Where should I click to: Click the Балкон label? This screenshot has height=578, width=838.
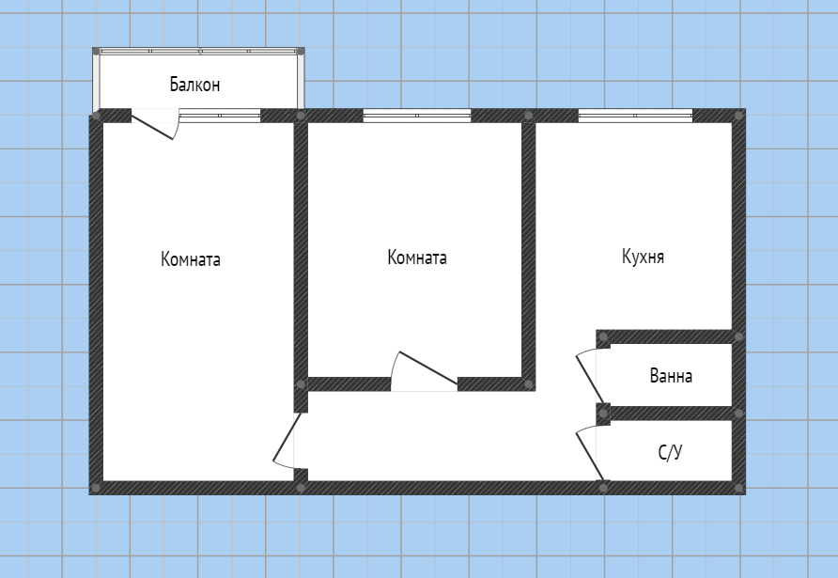(194, 85)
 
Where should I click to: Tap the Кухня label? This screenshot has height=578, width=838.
(643, 257)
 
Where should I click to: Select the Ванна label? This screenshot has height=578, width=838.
(671, 376)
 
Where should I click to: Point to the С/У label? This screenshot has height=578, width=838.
(670, 452)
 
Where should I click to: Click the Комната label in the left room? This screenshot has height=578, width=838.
(191, 259)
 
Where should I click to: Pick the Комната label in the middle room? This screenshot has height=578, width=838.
(417, 258)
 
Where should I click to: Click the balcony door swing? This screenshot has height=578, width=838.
(155, 125)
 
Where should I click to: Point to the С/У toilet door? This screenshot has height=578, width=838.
(589, 453)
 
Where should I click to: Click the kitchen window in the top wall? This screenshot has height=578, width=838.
(635, 116)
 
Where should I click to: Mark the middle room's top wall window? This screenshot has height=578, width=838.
(417, 116)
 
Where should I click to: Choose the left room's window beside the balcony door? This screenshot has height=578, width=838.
(220, 116)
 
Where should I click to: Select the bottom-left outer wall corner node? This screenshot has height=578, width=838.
(96, 488)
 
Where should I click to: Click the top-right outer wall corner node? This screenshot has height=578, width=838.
(739, 116)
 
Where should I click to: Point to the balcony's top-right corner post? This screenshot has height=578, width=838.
(301, 52)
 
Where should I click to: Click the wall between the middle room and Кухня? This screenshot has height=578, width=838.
(529, 250)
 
